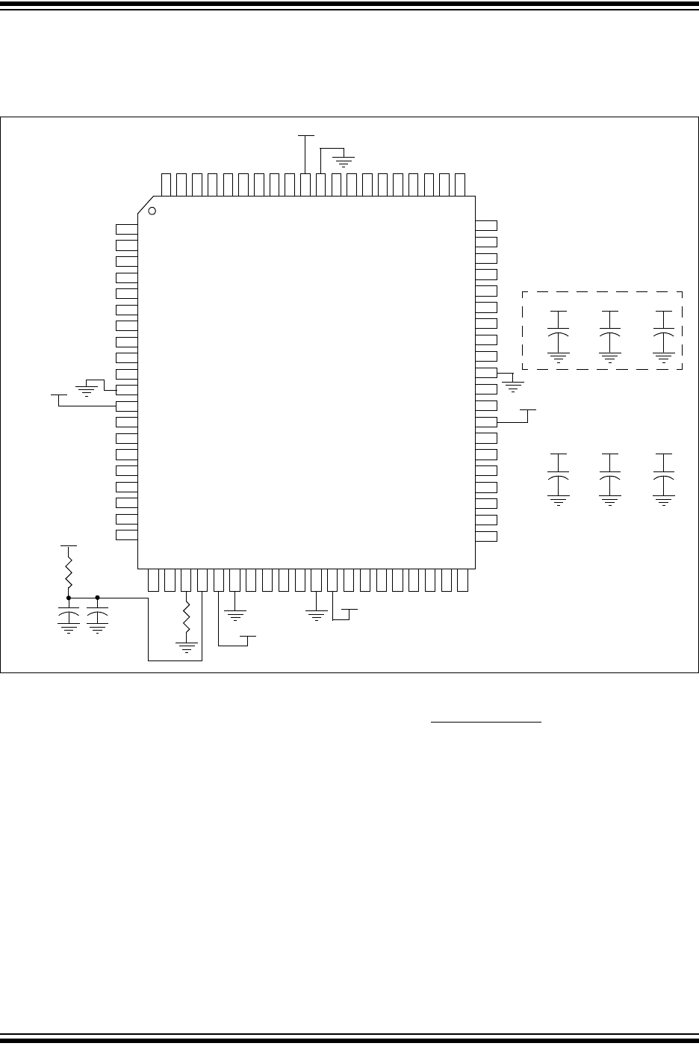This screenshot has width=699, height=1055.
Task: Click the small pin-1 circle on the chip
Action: (x=152, y=211)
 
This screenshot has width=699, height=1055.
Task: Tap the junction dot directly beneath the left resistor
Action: (x=69, y=597)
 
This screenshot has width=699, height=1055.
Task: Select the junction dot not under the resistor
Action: (x=98, y=597)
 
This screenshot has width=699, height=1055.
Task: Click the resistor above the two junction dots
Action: (x=69, y=572)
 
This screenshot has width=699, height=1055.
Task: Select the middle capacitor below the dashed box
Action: (x=610, y=475)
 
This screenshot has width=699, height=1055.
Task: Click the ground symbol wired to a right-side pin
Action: (x=513, y=386)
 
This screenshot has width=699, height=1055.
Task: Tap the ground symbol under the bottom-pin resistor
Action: (x=187, y=646)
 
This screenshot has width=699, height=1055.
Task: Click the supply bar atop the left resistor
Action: (x=69, y=546)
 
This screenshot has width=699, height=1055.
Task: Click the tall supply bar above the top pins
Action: (x=305, y=137)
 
